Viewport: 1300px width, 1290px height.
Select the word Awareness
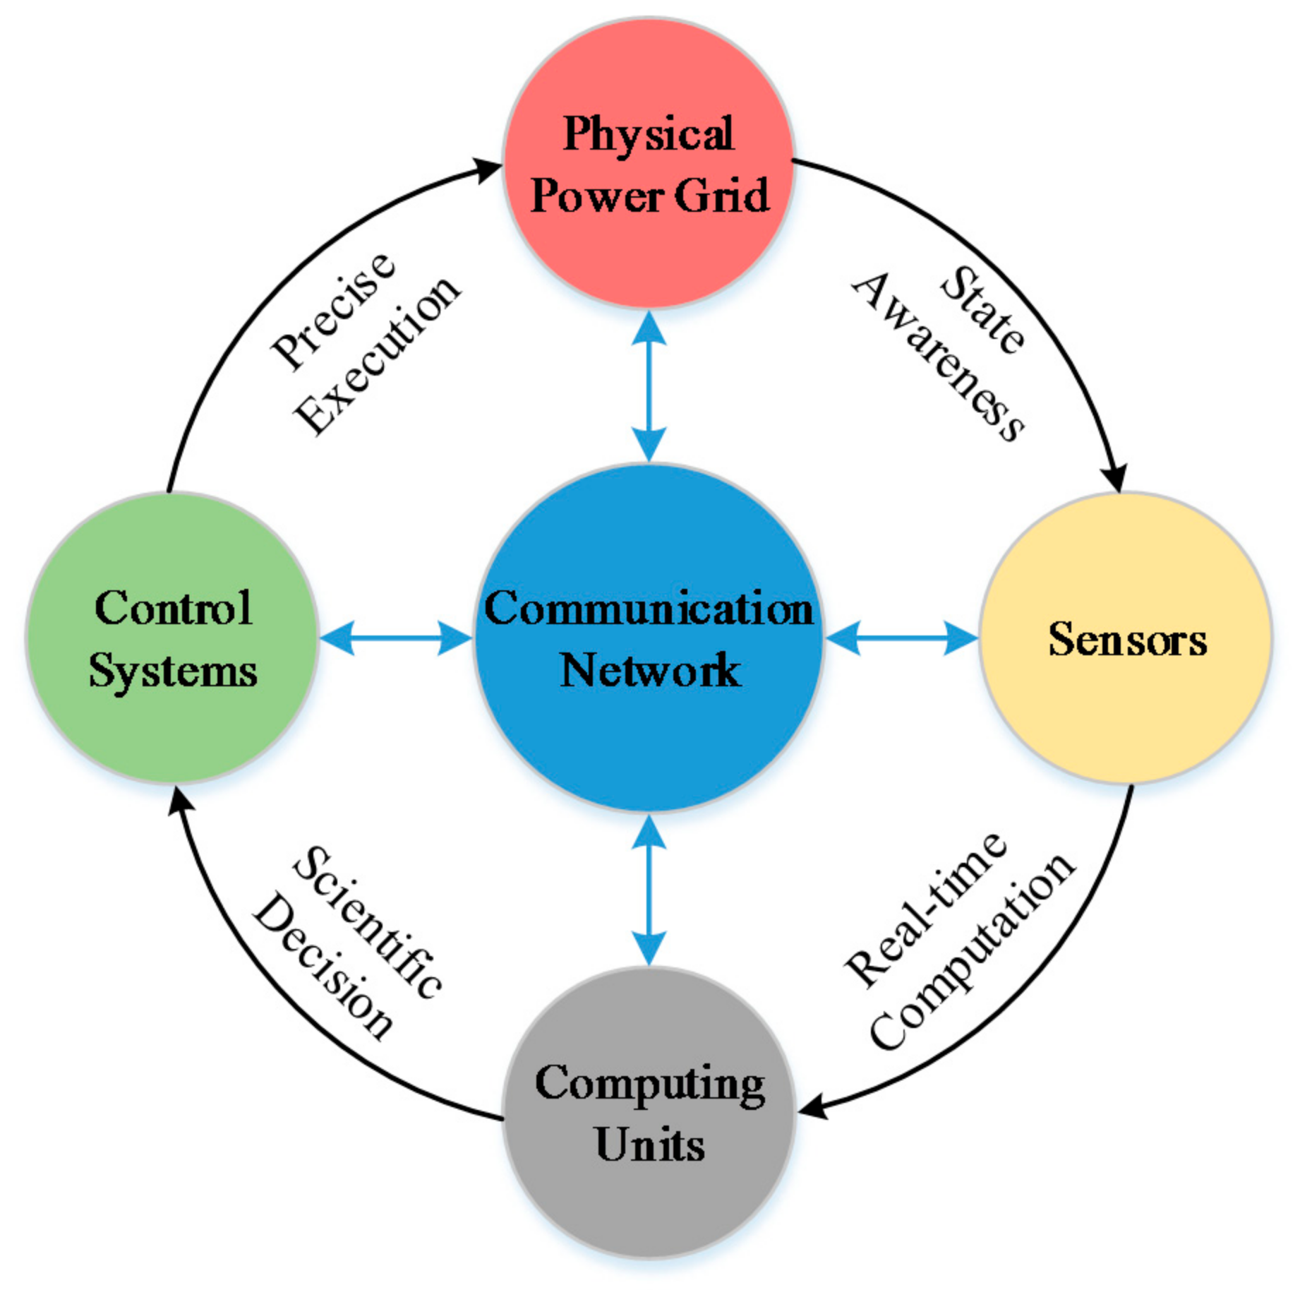(939, 357)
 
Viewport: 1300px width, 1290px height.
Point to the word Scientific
(368, 921)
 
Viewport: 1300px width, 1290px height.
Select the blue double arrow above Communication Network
(649, 387)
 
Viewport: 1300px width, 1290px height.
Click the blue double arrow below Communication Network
(649, 890)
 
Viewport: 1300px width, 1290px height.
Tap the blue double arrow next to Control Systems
(395, 638)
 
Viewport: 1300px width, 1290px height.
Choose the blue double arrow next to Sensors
(901, 638)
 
